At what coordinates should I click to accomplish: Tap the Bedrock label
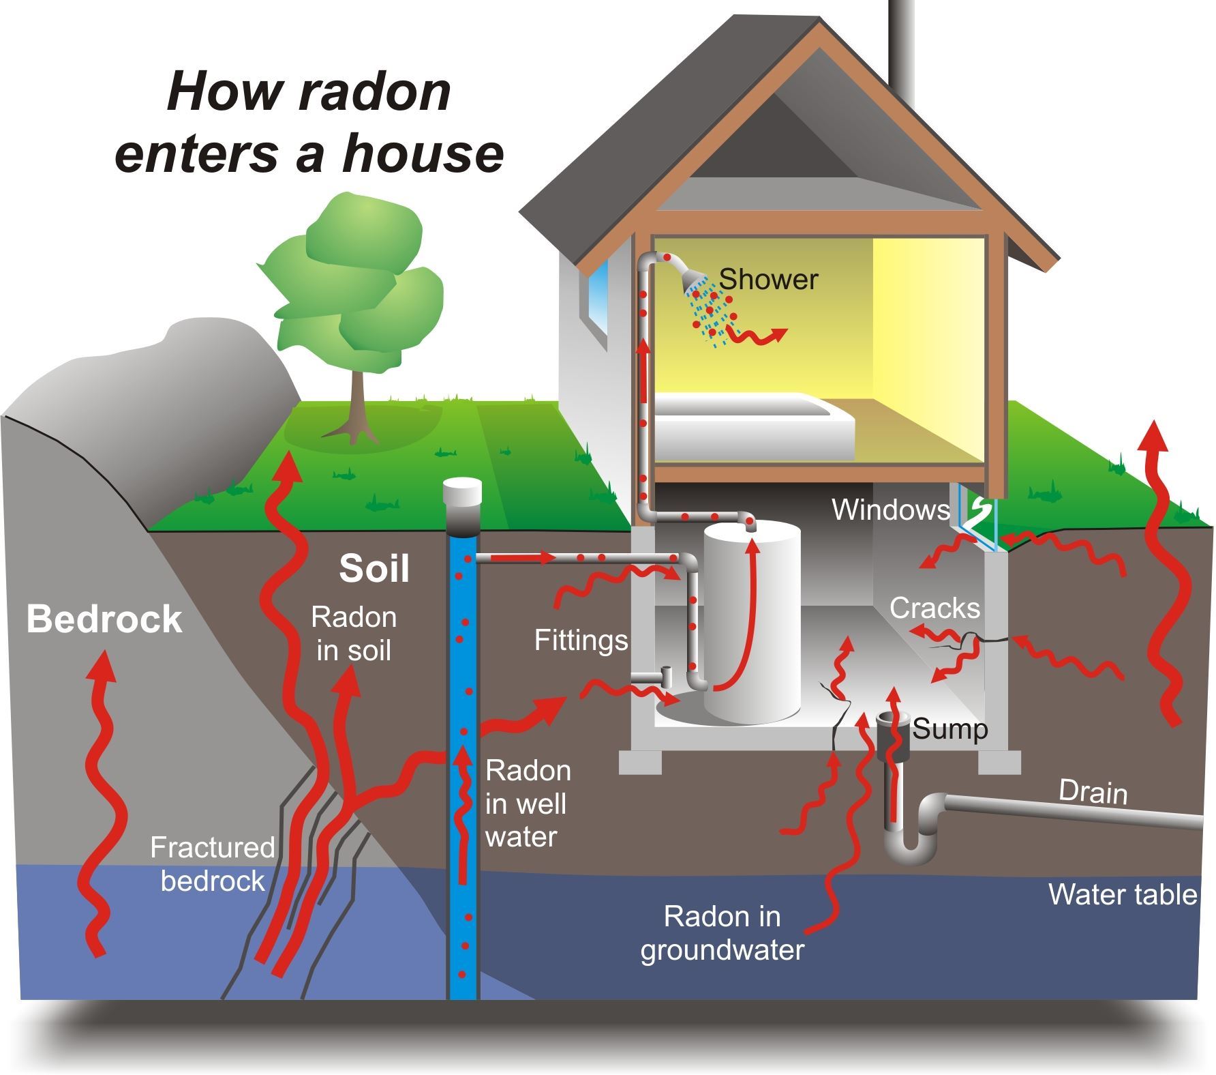104,619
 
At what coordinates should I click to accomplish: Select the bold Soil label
374,568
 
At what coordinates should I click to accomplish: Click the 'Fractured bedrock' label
212,864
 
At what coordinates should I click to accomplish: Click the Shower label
768,279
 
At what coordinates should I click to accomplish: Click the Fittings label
581,640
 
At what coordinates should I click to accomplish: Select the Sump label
950,729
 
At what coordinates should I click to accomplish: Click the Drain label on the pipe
1093,793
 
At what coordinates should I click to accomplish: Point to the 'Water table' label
1122,894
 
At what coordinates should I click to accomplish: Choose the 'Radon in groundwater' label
723,933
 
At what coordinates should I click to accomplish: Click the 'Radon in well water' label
528,804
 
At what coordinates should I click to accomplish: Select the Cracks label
934,608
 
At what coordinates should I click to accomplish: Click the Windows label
890,510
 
